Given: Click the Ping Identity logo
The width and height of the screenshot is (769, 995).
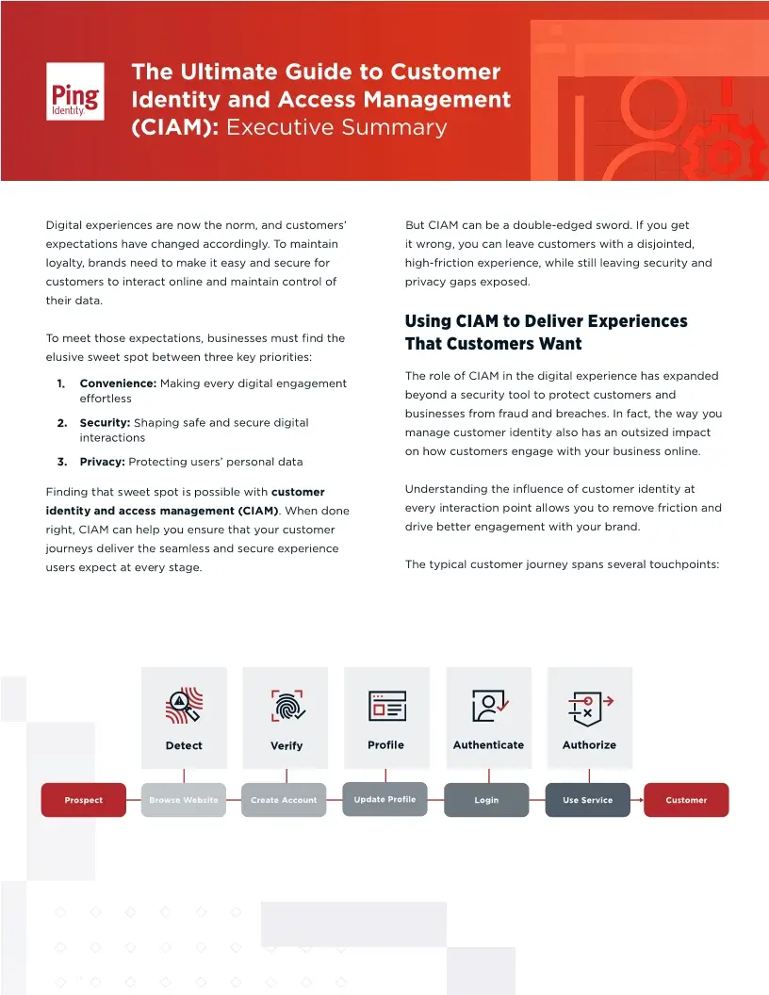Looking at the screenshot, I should tap(75, 90).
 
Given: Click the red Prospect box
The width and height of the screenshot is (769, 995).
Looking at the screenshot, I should tap(84, 800).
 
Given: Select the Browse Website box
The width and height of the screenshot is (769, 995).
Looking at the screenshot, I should tap(184, 800).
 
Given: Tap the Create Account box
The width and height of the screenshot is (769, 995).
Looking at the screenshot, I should tap(284, 800).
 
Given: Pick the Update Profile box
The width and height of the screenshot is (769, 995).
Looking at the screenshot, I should tap(384, 799).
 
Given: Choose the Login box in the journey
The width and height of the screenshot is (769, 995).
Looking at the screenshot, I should tap(486, 800).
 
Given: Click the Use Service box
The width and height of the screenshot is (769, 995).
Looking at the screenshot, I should tap(588, 800).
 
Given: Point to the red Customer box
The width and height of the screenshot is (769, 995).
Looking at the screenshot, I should tap(686, 800).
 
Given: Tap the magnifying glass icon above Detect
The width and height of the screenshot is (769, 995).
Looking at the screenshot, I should tap(184, 706).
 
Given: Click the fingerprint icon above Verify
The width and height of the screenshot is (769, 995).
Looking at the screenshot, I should tap(287, 706).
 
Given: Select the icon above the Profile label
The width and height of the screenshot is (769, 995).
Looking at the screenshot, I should tap(386, 706).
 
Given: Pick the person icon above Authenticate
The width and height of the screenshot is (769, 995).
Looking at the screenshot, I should tap(489, 706).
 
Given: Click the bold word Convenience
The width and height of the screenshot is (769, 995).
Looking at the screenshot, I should tap(118, 383).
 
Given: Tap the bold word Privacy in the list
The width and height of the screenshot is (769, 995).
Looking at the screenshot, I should tap(102, 462).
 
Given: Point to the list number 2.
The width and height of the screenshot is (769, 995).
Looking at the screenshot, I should tap(61, 423).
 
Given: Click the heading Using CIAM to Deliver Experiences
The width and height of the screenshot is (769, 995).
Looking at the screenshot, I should tap(546, 321).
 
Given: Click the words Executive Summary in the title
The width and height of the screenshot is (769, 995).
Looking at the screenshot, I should tap(336, 127).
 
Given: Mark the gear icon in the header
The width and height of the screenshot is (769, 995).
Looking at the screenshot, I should tap(721, 151).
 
